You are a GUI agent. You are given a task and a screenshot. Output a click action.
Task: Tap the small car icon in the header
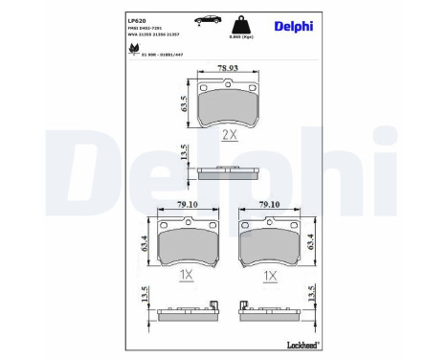coord(205,20)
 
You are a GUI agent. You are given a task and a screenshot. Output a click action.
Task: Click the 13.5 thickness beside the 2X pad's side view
coord(184,153)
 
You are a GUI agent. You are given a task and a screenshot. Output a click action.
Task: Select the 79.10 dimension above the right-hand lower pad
coord(270,204)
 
